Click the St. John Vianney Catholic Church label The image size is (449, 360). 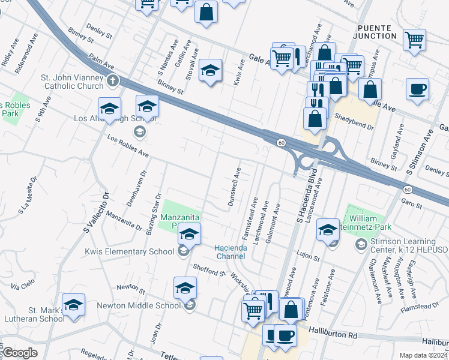coord(72,82)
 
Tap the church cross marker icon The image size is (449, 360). coord(113,81)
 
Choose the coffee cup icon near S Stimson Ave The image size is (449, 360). coord(418,90)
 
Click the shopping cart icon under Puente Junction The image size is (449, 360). coord(414,40)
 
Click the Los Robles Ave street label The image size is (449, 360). coord(128,146)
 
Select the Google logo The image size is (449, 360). coord(20,353)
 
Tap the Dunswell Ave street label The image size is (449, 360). coord(235,187)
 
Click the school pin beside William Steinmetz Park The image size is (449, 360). coord(328,230)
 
